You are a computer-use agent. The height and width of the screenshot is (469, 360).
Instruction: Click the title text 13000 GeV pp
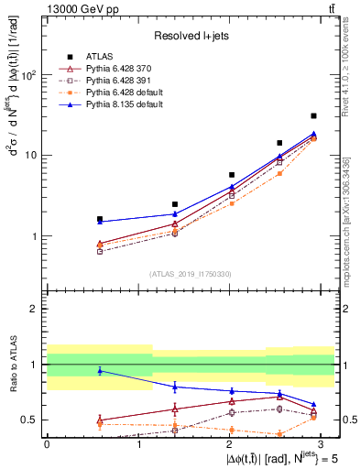pyautogui.click(x=81, y=8)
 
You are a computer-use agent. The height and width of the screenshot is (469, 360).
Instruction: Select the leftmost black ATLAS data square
pyautogui.click(x=100, y=220)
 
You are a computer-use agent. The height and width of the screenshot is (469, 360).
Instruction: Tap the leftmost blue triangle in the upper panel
pyautogui.click(x=100, y=222)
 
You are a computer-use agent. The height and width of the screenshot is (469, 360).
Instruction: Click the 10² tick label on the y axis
pyautogui.click(x=28, y=75)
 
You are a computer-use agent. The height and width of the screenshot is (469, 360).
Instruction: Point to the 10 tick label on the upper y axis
pyautogui.click(x=31, y=156)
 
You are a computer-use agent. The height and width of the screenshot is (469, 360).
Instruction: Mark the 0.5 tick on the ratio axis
pyautogui.click(x=33, y=420)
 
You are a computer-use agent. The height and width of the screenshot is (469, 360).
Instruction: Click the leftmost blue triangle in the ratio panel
pyautogui.click(x=100, y=370)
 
